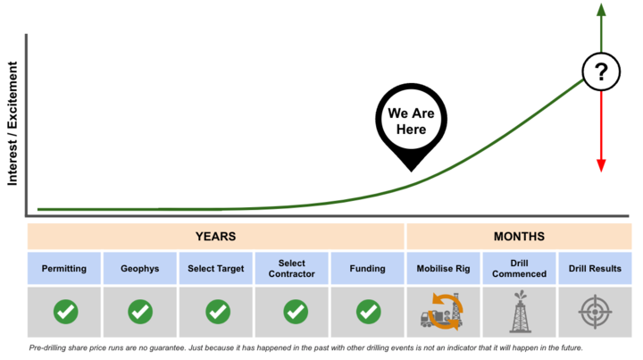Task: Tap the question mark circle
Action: click(601, 71)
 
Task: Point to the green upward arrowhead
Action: click(601, 10)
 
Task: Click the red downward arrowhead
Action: click(601, 165)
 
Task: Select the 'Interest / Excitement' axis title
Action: click(13, 123)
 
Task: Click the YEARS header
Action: click(216, 237)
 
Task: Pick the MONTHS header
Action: click(519, 237)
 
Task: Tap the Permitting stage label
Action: click(64, 269)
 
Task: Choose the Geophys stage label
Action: click(140, 269)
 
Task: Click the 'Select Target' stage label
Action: click(216, 269)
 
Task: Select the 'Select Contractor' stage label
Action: click(291, 269)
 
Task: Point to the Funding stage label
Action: click(367, 269)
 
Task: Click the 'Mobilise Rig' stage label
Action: click(443, 269)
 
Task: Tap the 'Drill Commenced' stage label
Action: click(519, 269)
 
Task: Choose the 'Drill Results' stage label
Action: click(595, 269)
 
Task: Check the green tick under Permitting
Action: click(65, 312)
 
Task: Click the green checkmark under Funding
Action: click(368, 312)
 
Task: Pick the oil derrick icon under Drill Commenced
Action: click(520, 311)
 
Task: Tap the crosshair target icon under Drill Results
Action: click(595, 312)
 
